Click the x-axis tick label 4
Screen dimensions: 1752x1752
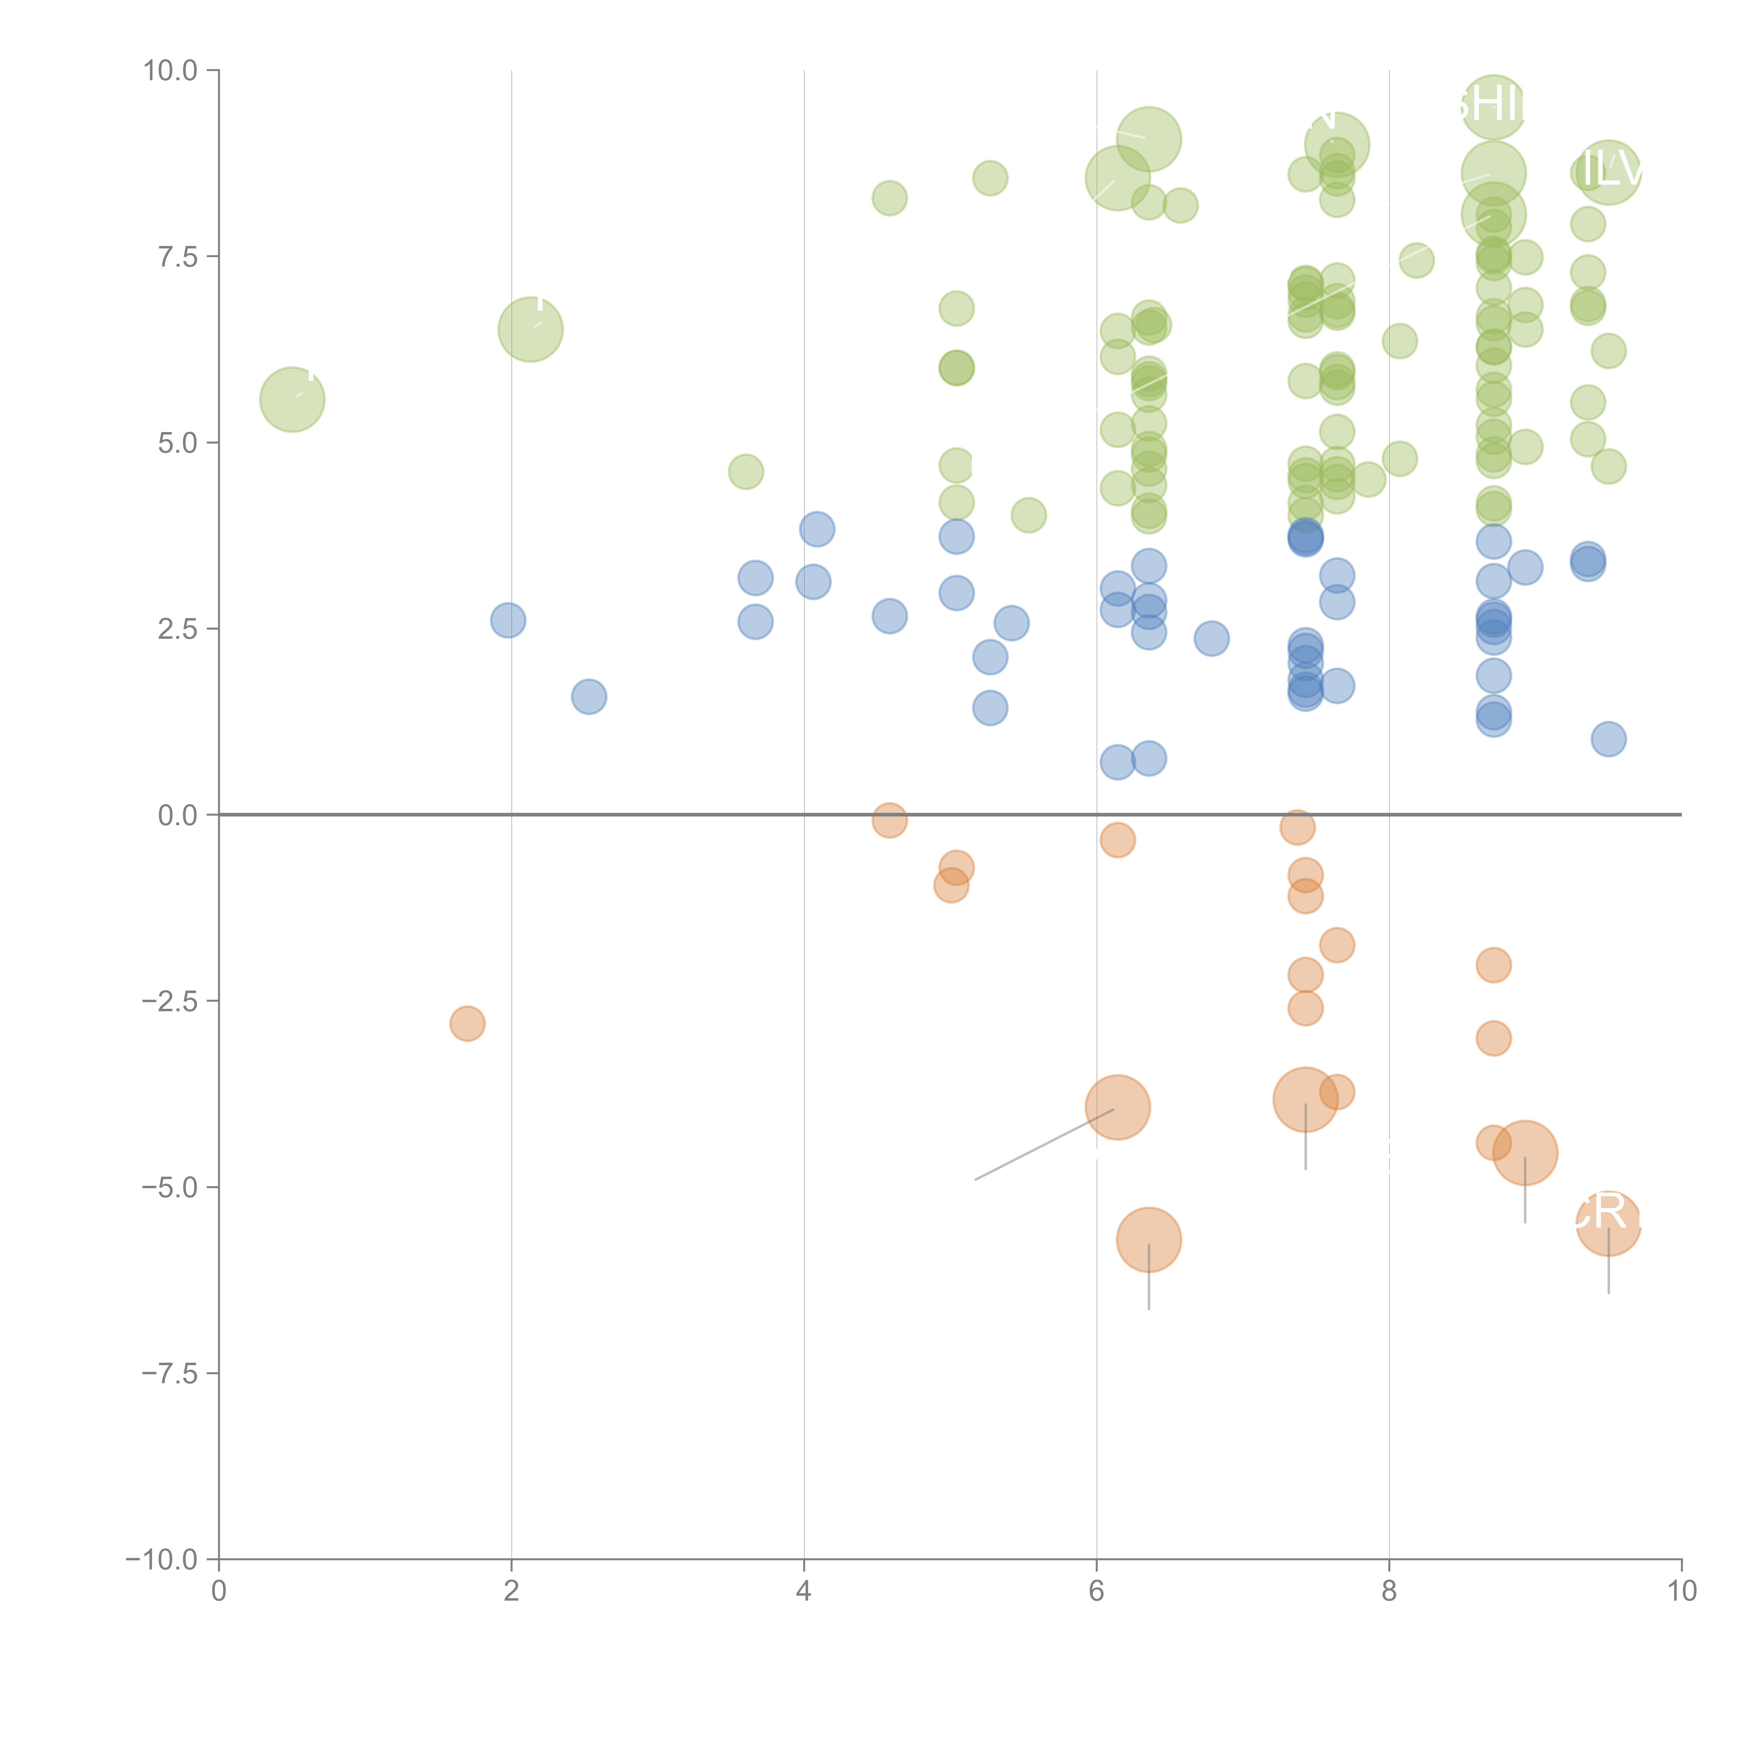tap(803, 1592)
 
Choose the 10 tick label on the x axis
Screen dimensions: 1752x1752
tap(1681, 1592)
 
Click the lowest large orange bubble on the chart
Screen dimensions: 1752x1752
tap(1149, 1240)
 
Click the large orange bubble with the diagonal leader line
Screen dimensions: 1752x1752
tap(1117, 1107)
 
